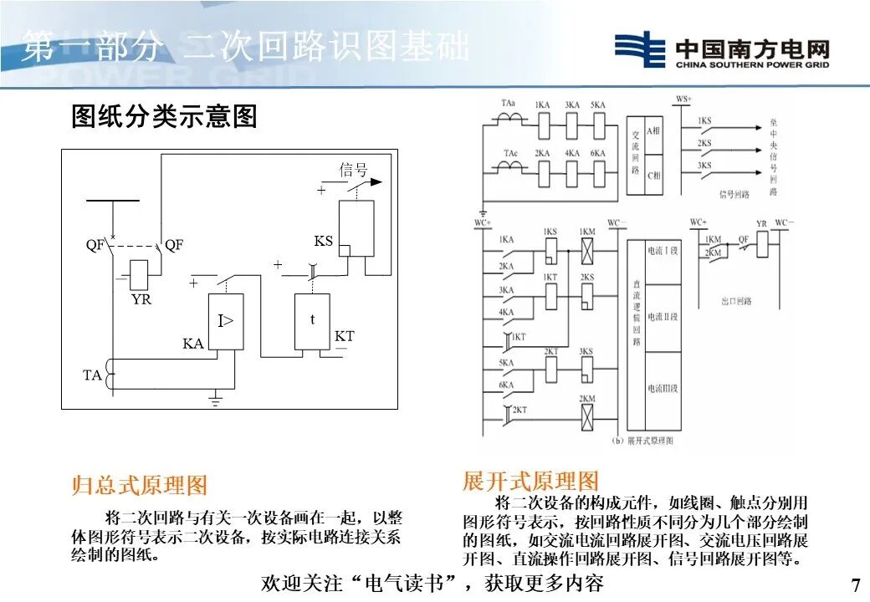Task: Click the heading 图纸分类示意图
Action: tap(164, 116)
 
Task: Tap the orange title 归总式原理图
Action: tap(139, 485)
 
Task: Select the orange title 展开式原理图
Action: tap(530, 481)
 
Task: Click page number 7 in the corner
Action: tap(854, 584)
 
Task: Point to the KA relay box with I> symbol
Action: tap(226, 321)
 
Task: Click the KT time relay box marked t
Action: tap(312, 321)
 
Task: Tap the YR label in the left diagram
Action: tap(141, 298)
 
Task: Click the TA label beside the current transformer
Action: tap(92, 375)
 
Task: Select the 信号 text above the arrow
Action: tap(353, 170)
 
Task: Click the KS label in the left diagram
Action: tap(323, 241)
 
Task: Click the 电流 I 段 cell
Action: tap(662, 250)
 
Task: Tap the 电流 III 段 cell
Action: tap(662, 389)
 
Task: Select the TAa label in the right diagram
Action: tap(509, 103)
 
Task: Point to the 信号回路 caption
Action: tap(734, 194)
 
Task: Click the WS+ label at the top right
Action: tap(683, 100)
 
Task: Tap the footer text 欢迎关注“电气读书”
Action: tap(360, 583)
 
